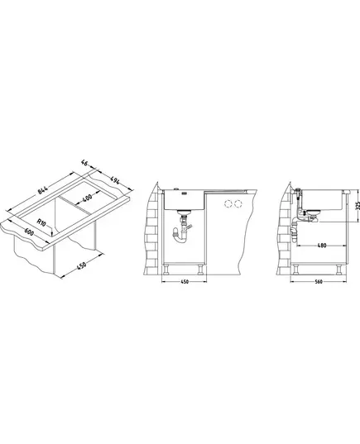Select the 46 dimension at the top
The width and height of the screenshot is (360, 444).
pyautogui.click(x=84, y=163)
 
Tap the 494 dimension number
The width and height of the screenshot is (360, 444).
pyautogui.click(x=114, y=180)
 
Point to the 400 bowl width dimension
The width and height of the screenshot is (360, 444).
pyautogui.click(x=88, y=198)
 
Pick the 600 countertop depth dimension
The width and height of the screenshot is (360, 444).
pyautogui.click(x=29, y=232)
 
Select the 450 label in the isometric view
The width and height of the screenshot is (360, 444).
pyautogui.click(x=81, y=265)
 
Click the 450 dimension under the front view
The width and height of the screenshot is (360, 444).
pyautogui.click(x=185, y=282)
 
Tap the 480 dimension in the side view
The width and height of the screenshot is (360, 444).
pyautogui.click(x=322, y=246)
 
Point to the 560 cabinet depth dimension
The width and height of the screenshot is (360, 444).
pyautogui.click(x=319, y=282)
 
